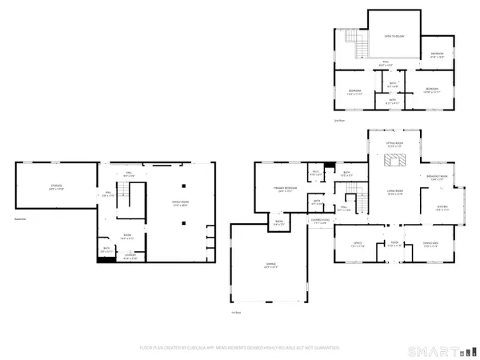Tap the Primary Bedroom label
[x=274, y=190]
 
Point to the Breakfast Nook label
[x=437, y=178]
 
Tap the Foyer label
[x=394, y=244]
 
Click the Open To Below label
[x=393, y=36]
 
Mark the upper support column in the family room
[x=182, y=169]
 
